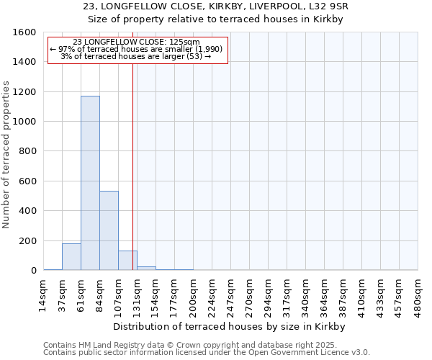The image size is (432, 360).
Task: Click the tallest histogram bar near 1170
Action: coord(90,184)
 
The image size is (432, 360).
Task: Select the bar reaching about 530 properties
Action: coord(109,230)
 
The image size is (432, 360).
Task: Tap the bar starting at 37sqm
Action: coord(71,257)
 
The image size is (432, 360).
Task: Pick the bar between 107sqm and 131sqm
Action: coord(127,261)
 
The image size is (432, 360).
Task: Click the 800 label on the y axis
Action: coord(27,152)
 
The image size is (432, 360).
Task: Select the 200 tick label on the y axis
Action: coord(27,241)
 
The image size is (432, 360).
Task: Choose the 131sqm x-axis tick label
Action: coord(137,294)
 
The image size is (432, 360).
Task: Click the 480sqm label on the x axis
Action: coord(418,294)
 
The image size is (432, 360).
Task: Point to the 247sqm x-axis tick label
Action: coord(230,294)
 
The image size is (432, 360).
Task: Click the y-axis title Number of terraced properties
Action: coord(6,155)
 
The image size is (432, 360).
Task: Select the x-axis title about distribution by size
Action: coord(230,326)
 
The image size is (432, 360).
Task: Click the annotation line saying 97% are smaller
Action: coord(137,49)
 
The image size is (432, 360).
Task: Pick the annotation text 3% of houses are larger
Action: coord(135,56)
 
